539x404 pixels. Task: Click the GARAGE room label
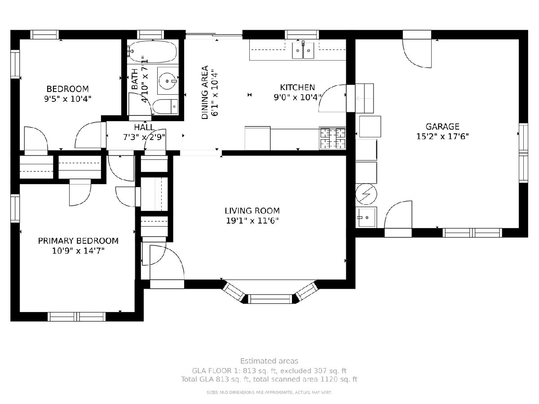coord(442,127)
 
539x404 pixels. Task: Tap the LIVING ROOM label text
coord(252,211)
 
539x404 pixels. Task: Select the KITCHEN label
coord(297,88)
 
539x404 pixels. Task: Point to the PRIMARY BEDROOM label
coord(78,241)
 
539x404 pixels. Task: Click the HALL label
coord(144,127)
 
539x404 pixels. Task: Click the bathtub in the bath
coord(153,52)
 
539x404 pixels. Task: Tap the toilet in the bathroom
coord(165,107)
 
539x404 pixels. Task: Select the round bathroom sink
coord(168,81)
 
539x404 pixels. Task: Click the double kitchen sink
coord(303,51)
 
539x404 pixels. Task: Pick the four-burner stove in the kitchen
coord(332,138)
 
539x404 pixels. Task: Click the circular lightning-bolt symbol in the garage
coord(366,194)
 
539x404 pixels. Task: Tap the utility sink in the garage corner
coord(366,217)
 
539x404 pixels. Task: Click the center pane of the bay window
coord(270,299)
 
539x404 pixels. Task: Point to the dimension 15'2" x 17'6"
coord(442,136)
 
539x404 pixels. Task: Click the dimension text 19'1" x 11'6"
coord(252,221)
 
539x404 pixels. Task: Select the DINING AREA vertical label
coord(205,92)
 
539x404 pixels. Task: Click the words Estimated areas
coord(269,361)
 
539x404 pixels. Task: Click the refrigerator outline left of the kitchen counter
coord(257,138)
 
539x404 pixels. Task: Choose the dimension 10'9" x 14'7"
coord(78,251)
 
